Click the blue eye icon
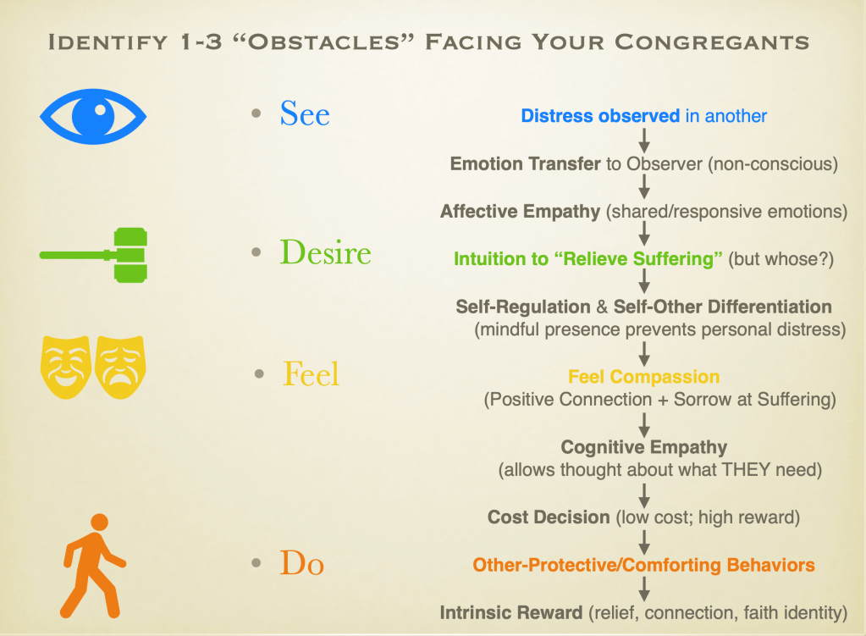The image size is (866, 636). [93, 117]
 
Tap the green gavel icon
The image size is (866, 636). [93, 255]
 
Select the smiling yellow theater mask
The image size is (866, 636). [66, 367]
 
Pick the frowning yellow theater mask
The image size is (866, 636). [120, 367]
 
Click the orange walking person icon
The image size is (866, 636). [92, 566]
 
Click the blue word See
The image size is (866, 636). [305, 113]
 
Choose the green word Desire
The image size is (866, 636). [325, 252]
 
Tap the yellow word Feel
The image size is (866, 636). [311, 374]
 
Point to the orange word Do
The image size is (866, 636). [301, 563]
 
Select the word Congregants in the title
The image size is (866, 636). [712, 42]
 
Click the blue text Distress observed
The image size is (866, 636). [600, 116]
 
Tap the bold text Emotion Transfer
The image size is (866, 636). [525, 164]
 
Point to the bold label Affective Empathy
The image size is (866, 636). [520, 212]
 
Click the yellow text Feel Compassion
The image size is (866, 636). [644, 377]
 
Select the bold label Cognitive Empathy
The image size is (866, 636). [644, 447]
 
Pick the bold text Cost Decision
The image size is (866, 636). [549, 517]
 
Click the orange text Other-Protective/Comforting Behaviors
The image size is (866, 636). [644, 565]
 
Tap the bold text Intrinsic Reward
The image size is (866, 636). [510, 613]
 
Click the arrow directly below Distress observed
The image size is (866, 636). [644, 141]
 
